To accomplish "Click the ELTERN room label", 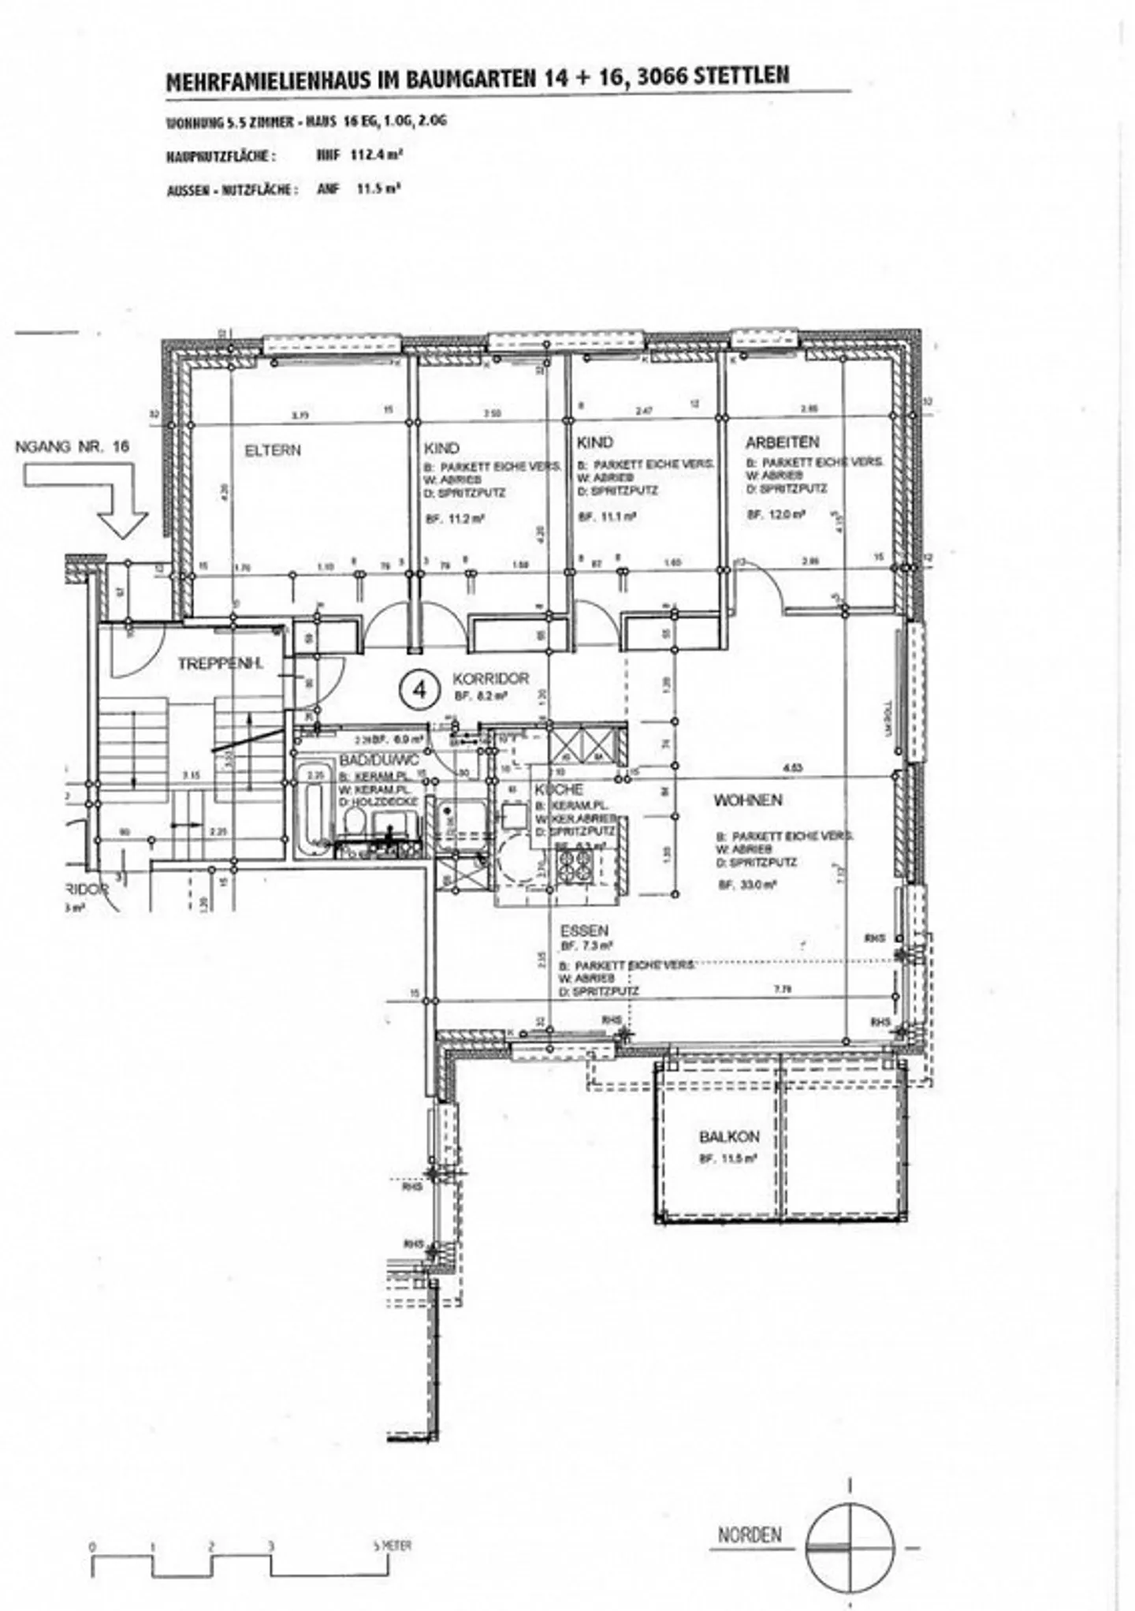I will pos(273,450).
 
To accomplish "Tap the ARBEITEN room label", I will pos(782,442).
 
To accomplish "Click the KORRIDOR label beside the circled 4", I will pos(490,678).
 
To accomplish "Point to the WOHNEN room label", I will pos(747,800).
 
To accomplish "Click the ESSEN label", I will pos(584,930).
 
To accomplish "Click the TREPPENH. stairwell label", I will pos(220,664).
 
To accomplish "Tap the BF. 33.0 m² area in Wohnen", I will pos(746,886).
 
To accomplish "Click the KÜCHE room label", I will pos(559,789).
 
